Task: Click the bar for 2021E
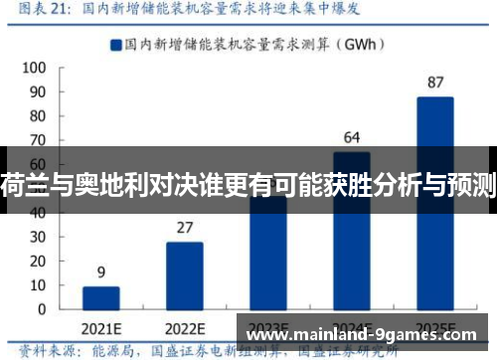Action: pyautogui.click(x=100, y=299)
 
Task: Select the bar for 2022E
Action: pyautogui.click(x=184, y=277)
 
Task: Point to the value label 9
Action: pyautogui.click(x=100, y=272)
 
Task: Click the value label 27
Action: pyautogui.click(x=184, y=228)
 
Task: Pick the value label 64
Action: pyautogui.click(x=351, y=137)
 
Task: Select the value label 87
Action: pyautogui.click(x=434, y=82)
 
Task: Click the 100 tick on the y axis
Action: pyautogui.click(x=33, y=68)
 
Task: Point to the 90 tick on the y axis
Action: pyautogui.click(x=37, y=91)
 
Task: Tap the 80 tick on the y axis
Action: pyautogui.click(x=37, y=115)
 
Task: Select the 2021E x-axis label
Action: pyautogui.click(x=100, y=328)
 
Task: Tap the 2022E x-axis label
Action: pyautogui.click(x=184, y=328)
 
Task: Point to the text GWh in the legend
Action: pyautogui.click(x=349, y=44)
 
